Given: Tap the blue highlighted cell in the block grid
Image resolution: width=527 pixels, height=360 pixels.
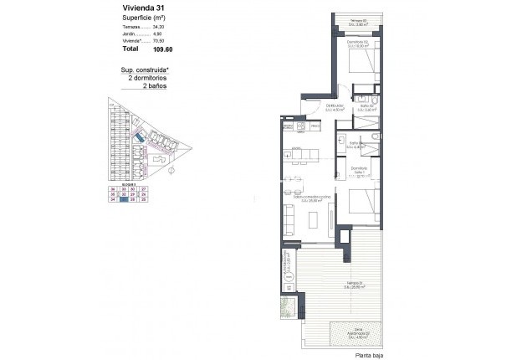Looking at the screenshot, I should click(x=123, y=199).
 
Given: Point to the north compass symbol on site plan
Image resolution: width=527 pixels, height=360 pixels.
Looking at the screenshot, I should click(x=171, y=172).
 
